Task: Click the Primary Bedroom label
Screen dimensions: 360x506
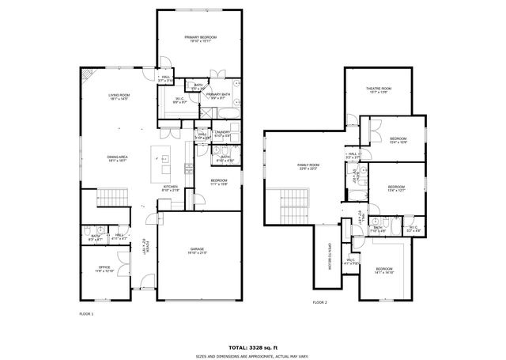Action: [x=201, y=40]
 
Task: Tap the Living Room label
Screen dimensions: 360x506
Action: [x=119, y=97]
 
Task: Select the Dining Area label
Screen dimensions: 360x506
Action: [x=118, y=158]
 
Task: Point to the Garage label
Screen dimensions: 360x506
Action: [x=197, y=252]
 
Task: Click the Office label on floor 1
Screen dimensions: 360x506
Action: [x=104, y=269]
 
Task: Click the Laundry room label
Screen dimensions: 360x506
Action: [x=222, y=134]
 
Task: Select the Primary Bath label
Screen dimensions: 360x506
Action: [x=219, y=97]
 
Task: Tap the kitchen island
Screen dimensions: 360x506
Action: [x=165, y=161]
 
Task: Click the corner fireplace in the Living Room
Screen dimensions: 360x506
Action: [x=88, y=75]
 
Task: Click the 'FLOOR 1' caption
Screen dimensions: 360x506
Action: [x=86, y=314]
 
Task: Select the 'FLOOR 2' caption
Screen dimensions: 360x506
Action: [x=319, y=302]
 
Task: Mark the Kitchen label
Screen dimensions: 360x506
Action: [x=171, y=189]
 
